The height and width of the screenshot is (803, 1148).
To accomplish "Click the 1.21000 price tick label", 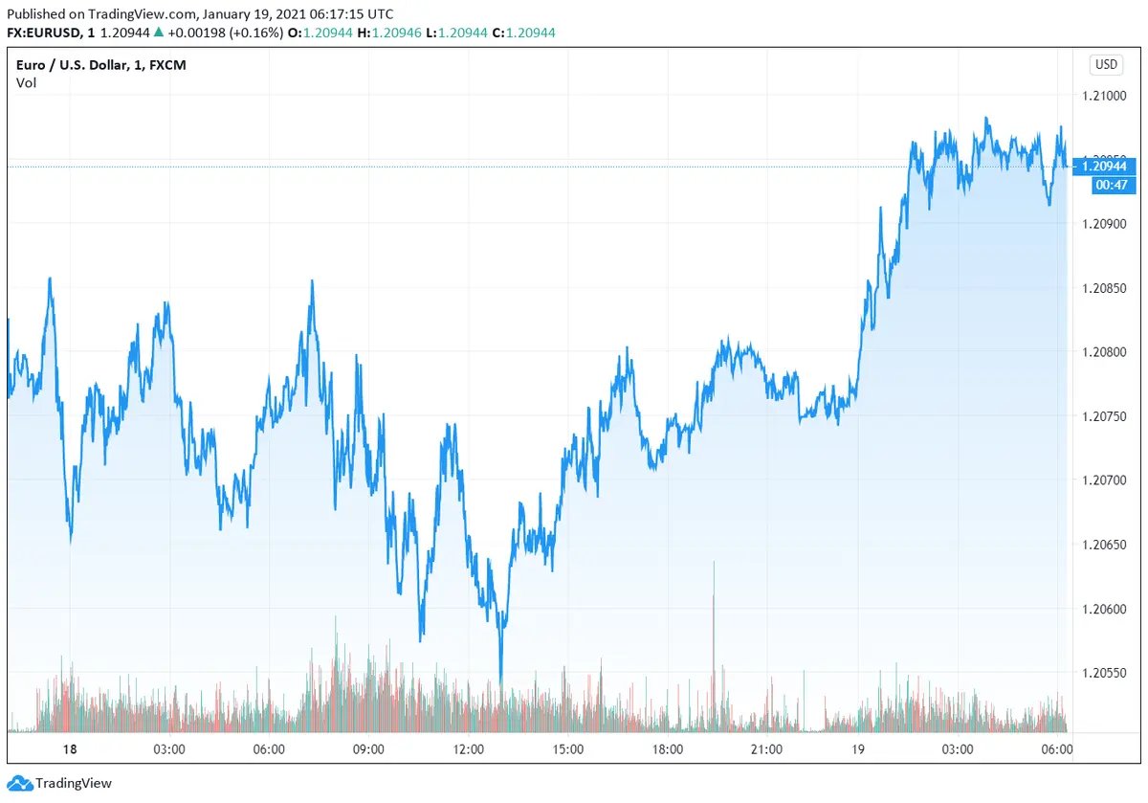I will coord(1105,96).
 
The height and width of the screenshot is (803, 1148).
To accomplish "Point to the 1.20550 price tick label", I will coord(1105,673).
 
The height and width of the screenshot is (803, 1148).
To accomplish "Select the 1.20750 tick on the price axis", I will coord(1105,416).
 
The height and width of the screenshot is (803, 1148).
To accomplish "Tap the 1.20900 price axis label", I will coord(1105,224).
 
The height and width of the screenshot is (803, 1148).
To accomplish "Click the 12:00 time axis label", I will coord(468,748).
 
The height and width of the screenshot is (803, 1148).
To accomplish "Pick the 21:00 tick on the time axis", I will coord(766,748).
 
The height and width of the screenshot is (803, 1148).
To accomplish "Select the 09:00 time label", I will coord(368,748).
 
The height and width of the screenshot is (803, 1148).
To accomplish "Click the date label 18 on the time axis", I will coord(70,748).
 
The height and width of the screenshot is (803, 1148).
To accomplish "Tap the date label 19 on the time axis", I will coord(859,748).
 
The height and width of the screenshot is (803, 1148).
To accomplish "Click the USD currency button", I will coord(1106,65).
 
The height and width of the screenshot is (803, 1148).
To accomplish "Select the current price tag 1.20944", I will coord(1105,167).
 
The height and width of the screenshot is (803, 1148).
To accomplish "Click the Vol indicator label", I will coord(26,83).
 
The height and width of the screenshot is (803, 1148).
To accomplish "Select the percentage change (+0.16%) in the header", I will coord(257,33).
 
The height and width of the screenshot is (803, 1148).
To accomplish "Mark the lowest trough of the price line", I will coord(501,681).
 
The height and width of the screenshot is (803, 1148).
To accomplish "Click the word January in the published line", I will coord(228,14).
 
